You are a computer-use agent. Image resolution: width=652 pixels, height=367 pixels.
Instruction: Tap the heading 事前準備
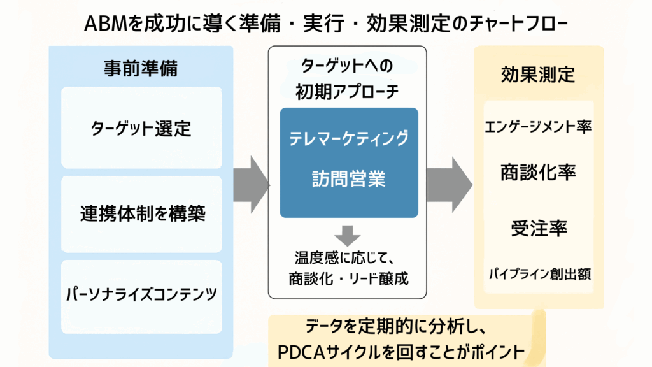pyautogui.click(x=141, y=69)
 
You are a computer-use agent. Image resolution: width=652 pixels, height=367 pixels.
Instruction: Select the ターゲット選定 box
pyautogui.click(x=141, y=128)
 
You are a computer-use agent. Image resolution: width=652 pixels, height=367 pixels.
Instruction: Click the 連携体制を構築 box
pyautogui.click(x=141, y=213)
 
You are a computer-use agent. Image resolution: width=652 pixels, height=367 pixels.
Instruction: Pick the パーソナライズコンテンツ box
pyautogui.click(x=141, y=295)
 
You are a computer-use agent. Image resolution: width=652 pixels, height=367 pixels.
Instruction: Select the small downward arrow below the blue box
pyautogui.click(x=348, y=234)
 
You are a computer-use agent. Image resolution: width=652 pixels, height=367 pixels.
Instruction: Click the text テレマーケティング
pyautogui.click(x=348, y=138)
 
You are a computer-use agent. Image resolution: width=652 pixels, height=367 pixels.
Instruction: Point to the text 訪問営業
pyautogui.click(x=348, y=179)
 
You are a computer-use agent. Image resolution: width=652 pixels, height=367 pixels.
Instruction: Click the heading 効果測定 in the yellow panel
pyautogui.click(x=538, y=75)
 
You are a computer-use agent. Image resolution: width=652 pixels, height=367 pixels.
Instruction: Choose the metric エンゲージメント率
pyautogui.click(x=539, y=127)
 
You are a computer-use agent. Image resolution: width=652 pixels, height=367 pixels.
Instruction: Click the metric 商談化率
pyautogui.click(x=539, y=173)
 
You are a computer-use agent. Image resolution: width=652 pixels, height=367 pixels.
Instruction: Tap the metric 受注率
pyautogui.click(x=539, y=227)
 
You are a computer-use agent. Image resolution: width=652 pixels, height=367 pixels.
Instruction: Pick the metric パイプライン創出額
pyautogui.click(x=539, y=275)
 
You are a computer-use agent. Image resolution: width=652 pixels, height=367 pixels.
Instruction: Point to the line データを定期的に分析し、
pyautogui.click(x=396, y=327)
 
